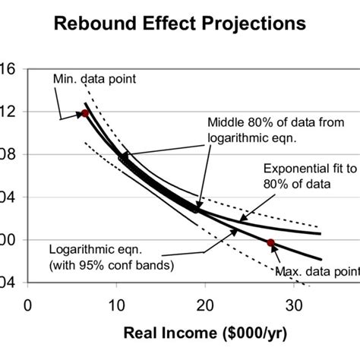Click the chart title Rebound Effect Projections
pyautogui.click(x=180, y=24)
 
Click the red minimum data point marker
pyautogui.click(x=85, y=112)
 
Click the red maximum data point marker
pyautogui.click(x=270, y=242)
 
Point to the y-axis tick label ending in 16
pyautogui.click(x=7, y=68)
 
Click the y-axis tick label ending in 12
pyautogui.click(x=7, y=112)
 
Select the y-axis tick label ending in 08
pyautogui.click(x=7, y=154)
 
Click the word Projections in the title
pyautogui.click(x=254, y=24)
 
